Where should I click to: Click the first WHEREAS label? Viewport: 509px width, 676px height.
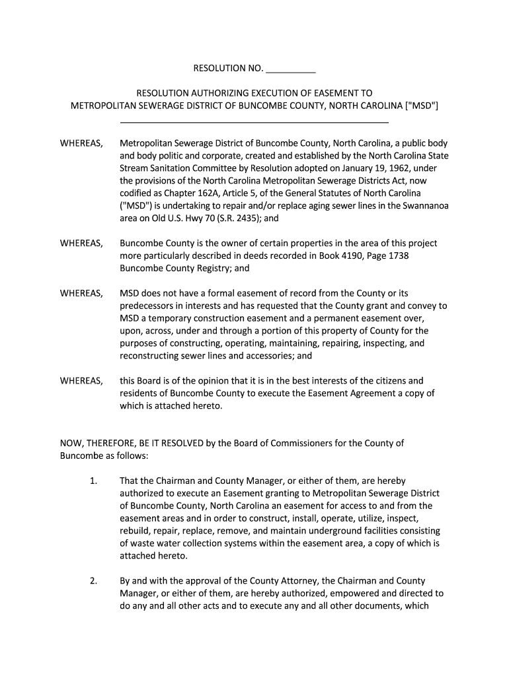tap(81, 143)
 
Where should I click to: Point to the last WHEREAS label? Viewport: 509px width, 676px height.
tap(81, 380)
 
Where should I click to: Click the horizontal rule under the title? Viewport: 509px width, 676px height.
tap(255, 122)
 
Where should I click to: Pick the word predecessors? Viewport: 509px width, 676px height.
tap(147, 306)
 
